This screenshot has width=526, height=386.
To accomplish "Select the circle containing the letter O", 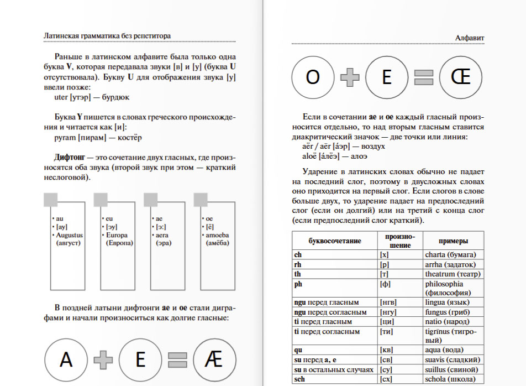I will click(313, 78).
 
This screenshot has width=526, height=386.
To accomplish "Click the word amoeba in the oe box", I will click(217, 235).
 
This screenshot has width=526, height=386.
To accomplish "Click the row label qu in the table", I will click(298, 350).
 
